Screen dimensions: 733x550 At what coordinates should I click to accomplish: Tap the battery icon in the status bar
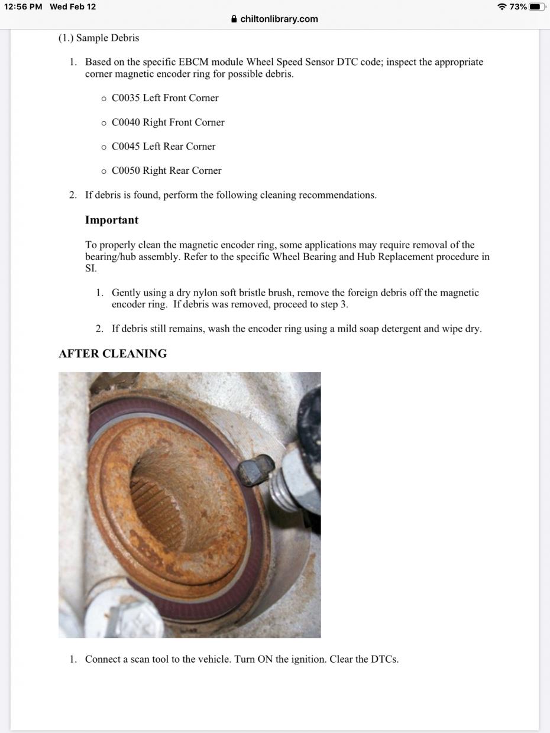(537, 7)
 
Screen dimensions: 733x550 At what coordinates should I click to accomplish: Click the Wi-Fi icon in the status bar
(502, 7)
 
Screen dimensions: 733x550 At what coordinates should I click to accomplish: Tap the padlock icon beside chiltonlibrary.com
(235, 19)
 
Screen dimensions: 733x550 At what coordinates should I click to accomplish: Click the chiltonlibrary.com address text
(279, 19)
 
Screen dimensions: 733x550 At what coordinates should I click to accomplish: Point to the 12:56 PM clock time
(23, 7)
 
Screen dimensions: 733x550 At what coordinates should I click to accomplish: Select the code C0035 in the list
(126, 98)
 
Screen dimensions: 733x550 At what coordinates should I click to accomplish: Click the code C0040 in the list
(126, 122)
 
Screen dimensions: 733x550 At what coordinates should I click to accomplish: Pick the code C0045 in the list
(126, 147)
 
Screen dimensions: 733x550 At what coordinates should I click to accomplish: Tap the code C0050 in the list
(126, 171)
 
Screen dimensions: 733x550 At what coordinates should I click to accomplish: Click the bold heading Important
(112, 220)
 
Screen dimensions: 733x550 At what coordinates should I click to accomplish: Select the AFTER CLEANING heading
(112, 353)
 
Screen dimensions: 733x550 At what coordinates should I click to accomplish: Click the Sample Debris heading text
(108, 38)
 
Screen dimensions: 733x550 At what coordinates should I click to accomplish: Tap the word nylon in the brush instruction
(190, 293)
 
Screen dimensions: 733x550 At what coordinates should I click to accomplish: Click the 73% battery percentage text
(518, 7)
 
